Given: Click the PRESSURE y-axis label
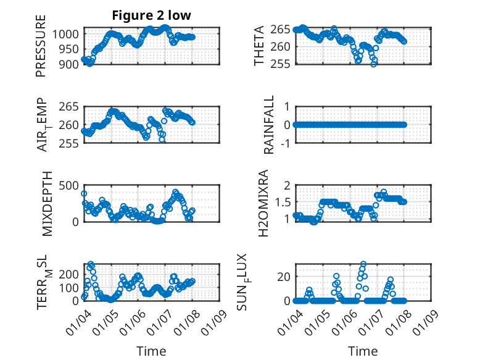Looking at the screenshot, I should (x=41, y=50).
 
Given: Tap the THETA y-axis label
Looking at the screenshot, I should (x=260, y=46).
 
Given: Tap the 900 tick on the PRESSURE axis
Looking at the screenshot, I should (x=69, y=64).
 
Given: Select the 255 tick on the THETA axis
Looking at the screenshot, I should (x=282, y=64).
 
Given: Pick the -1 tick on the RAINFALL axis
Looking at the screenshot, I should (x=286, y=143).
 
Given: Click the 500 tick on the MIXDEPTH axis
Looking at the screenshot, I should (x=69, y=185).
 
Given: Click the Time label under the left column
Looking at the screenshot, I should (x=151, y=351).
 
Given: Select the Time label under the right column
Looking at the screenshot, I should (x=363, y=351).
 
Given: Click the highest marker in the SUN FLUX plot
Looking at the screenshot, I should (x=363, y=264).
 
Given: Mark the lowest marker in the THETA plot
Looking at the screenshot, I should (x=374, y=64).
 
